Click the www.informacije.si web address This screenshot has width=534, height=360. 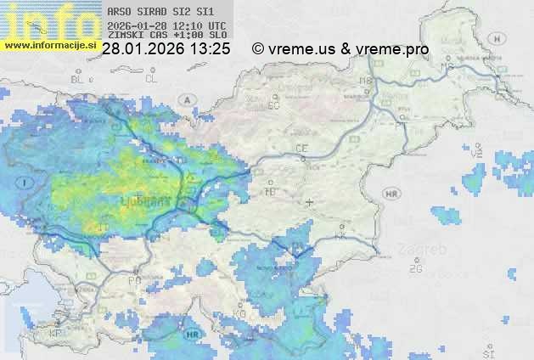pyautogui.click(x=49, y=44)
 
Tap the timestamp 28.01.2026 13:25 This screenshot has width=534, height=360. pyautogui.click(x=166, y=49)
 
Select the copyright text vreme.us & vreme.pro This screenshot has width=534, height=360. pyautogui.click(x=340, y=49)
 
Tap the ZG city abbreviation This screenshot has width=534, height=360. pyautogui.click(x=415, y=269)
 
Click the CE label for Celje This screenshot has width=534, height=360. pyautogui.click(x=301, y=149)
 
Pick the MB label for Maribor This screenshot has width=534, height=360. pyautogui.click(x=366, y=82)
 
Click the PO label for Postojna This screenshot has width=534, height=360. pyautogui.click(x=134, y=280)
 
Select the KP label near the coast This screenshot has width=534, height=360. pyautogui.click(x=56, y=334)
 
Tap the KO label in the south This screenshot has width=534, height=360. pyautogui.click(x=240, y=314)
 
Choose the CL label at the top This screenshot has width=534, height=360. pyautogui.click(x=152, y=79)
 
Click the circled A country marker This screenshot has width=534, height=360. pyautogui.click(x=186, y=99)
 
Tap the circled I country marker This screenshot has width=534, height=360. pyautogui.click(x=26, y=183)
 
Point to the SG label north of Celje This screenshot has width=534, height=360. pyautogui.click(x=273, y=106)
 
